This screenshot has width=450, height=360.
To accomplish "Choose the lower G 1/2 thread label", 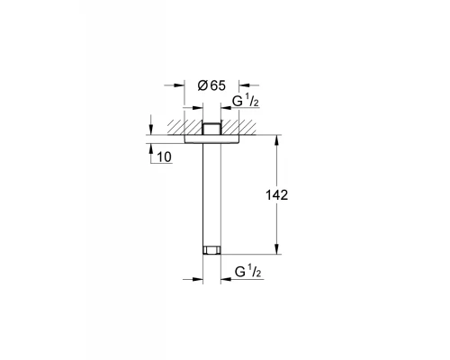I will click(x=247, y=270).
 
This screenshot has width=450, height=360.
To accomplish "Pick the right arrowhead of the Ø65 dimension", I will click(x=240, y=85).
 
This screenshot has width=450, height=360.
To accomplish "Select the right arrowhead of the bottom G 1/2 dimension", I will click(x=221, y=278).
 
